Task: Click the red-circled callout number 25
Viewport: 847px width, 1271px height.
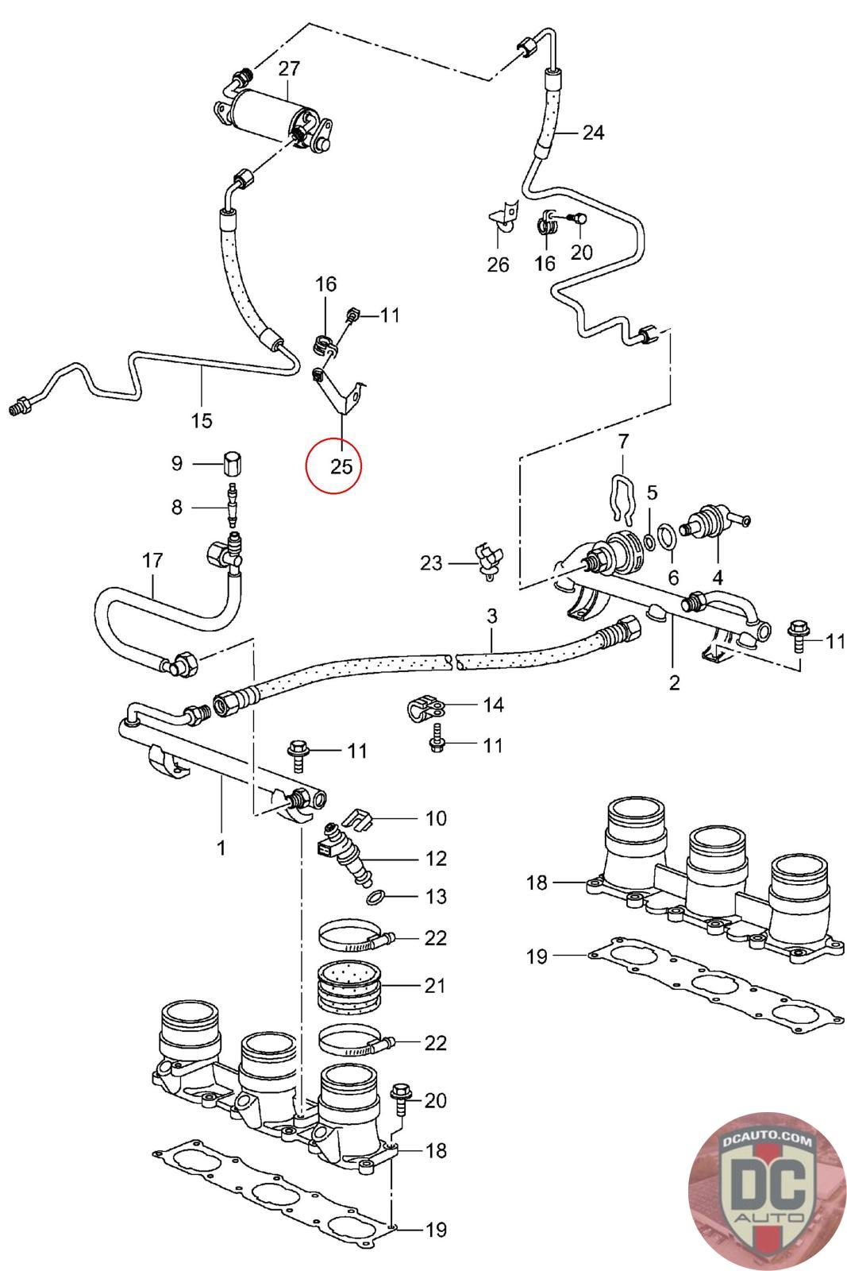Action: click(x=341, y=466)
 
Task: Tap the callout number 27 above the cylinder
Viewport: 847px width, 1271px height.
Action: click(x=289, y=68)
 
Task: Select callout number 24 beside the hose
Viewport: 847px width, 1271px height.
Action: click(x=593, y=133)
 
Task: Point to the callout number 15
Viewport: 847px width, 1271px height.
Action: click(x=202, y=420)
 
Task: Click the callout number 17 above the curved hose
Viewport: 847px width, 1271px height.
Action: click(x=152, y=561)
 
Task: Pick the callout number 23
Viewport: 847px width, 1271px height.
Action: click(x=431, y=563)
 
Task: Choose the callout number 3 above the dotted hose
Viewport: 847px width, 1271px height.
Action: click(x=491, y=616)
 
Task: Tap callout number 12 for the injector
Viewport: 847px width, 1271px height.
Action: click(x=436, y=859)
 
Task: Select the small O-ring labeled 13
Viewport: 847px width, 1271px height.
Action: click(x=376, y=897)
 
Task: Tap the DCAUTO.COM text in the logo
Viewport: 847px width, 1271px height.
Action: click(x=767, y=1140)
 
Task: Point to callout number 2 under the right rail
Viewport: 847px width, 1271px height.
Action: click(x=673, y=682)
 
